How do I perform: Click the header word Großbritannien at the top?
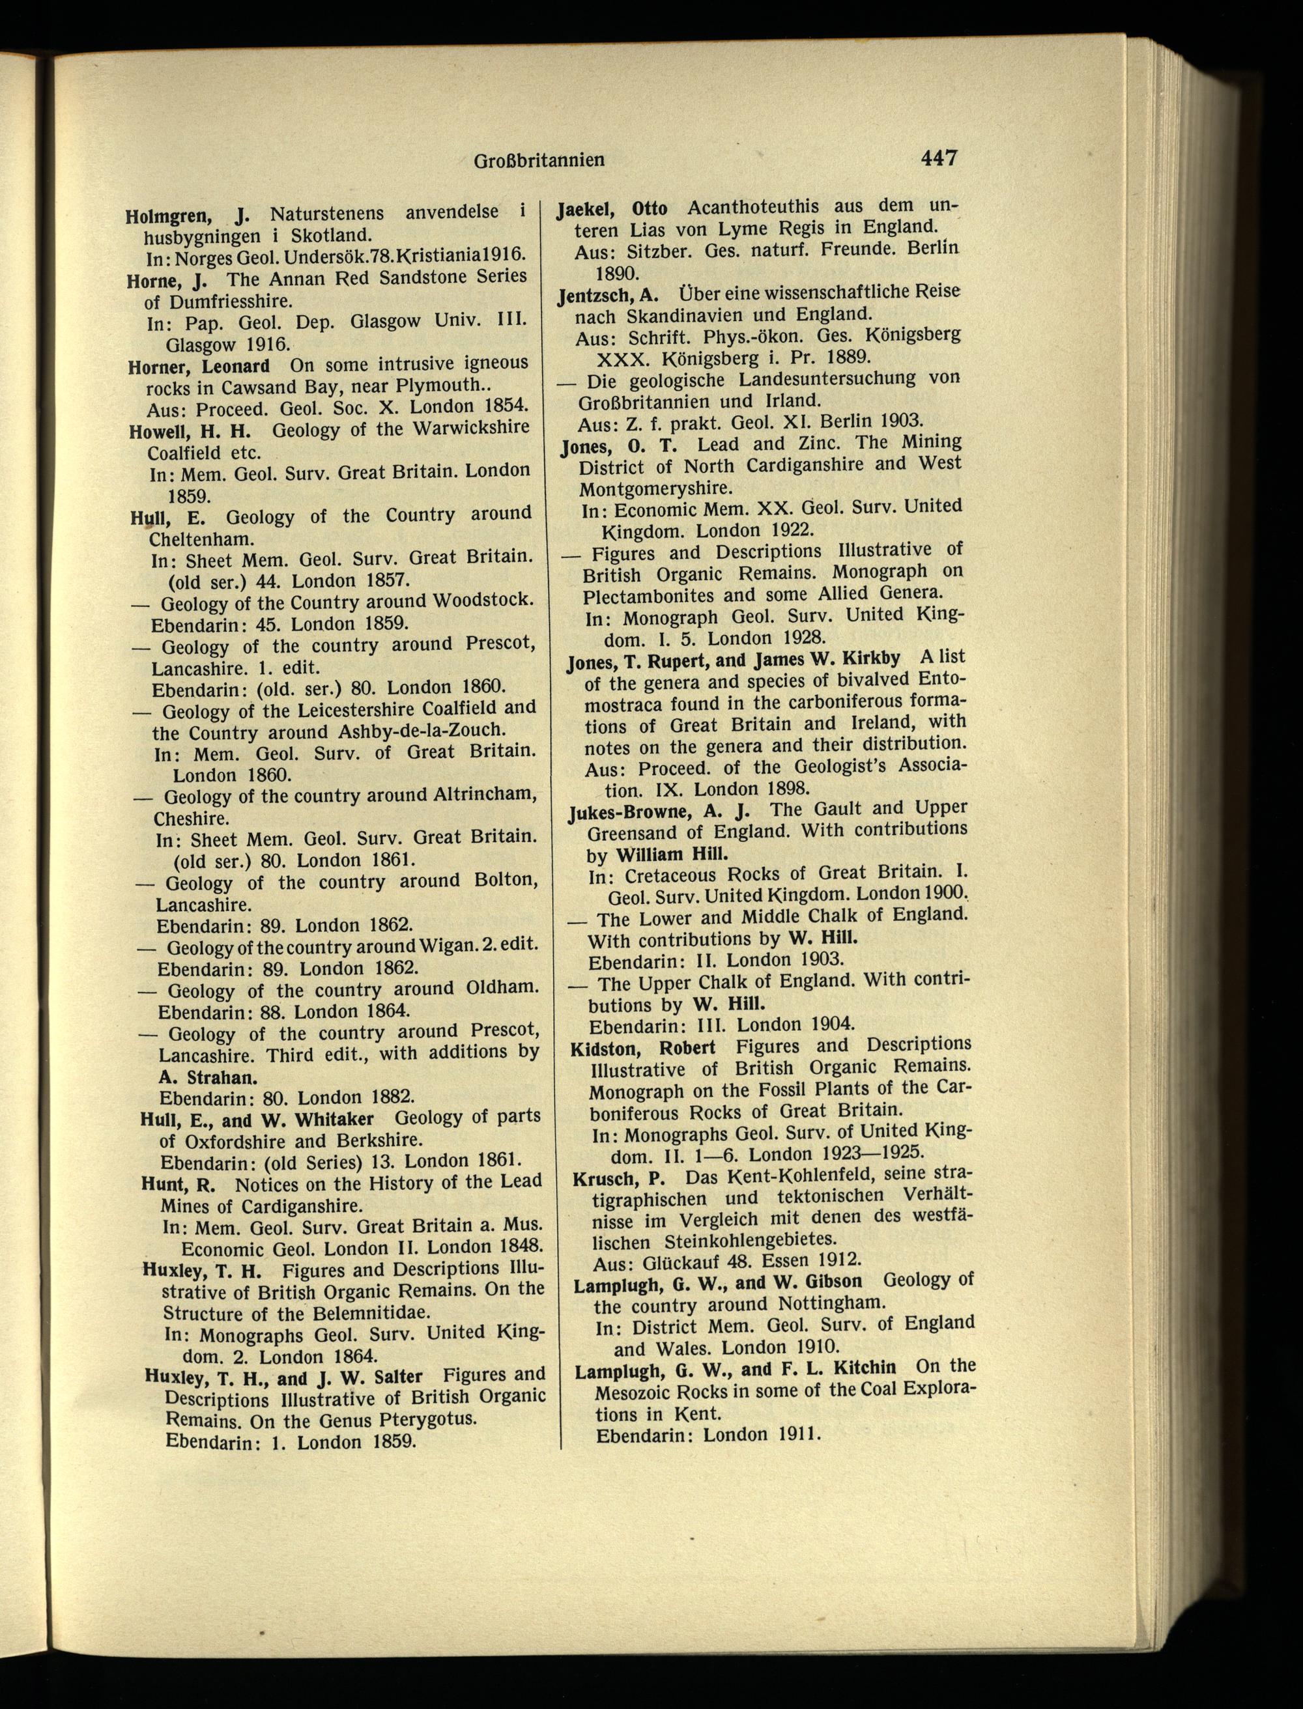(539, 160)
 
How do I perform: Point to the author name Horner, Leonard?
(199, 366)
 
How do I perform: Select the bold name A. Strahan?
(208, 1077)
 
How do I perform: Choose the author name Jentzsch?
(599, 296)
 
